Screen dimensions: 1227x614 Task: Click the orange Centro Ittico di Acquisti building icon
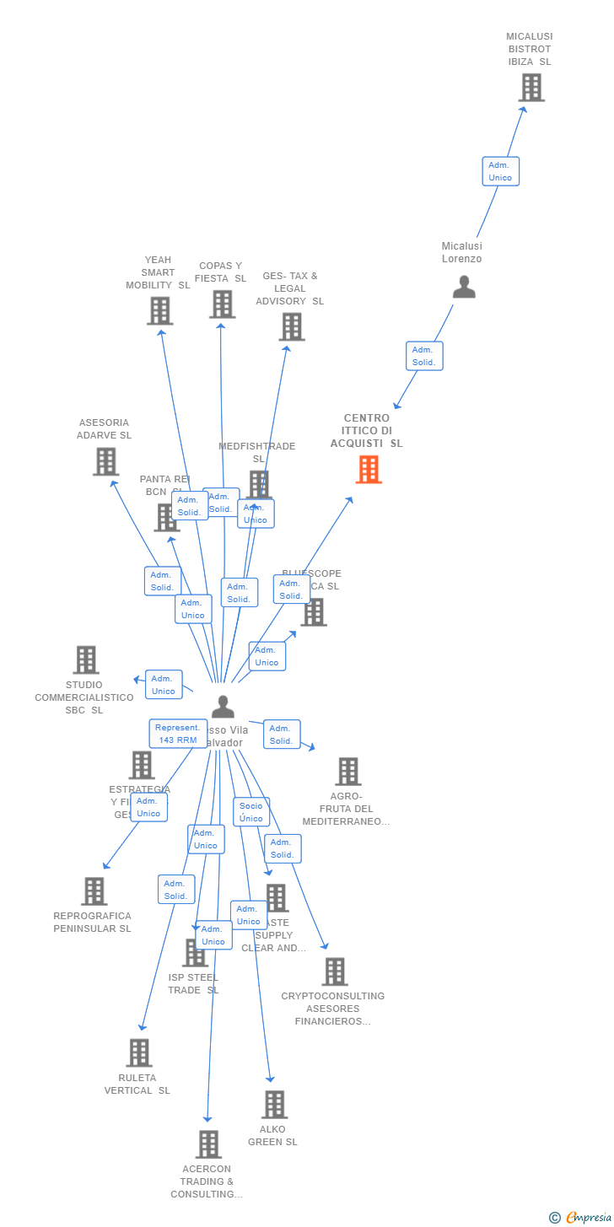pos(369,470)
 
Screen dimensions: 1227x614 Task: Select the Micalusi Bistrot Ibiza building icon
pos(531,88)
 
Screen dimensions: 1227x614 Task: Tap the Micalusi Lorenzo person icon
pos(464,288)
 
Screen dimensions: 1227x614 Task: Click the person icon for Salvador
pos(223,707)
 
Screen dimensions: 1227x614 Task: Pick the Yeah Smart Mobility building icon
pos(159,311)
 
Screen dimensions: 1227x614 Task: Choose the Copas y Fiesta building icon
pos(222,304)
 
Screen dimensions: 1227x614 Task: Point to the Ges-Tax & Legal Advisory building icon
pos(291,327)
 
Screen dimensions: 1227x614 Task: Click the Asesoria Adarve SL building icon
pos(105,461)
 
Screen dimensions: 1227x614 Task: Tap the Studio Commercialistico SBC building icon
pos(85,659)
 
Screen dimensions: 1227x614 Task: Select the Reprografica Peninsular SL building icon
pos(94,891)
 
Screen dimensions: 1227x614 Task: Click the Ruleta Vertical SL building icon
pos(139,1052)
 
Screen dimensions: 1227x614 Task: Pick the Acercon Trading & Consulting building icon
pos(208,1144)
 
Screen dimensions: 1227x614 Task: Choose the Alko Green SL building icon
pos(274,1105)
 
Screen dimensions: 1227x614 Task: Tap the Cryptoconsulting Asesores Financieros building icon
pos(334,971)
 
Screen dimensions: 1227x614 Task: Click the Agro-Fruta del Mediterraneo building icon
pos(347,771)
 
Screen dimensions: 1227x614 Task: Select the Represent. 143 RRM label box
pos(178,734)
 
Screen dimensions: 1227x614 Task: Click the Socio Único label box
pos(251,812)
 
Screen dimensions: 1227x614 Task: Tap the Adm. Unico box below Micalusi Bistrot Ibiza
pos(500,171)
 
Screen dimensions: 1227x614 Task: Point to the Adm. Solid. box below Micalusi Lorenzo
pos(423,356)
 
